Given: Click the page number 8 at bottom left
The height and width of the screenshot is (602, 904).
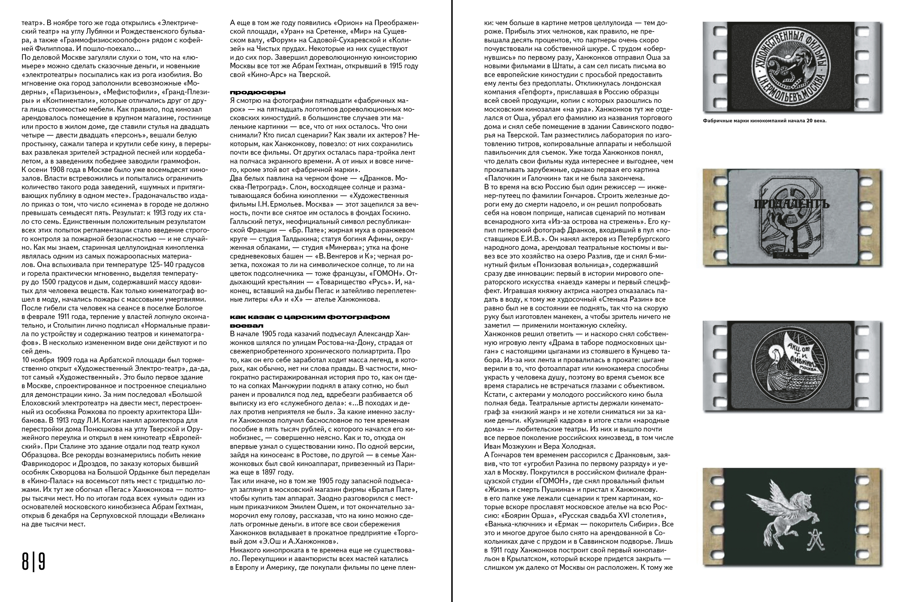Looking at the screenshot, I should coord(25,562).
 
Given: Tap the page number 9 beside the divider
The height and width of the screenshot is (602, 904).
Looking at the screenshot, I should coord(41,562).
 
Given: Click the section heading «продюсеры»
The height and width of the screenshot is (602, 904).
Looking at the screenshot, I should coord(257,92).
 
